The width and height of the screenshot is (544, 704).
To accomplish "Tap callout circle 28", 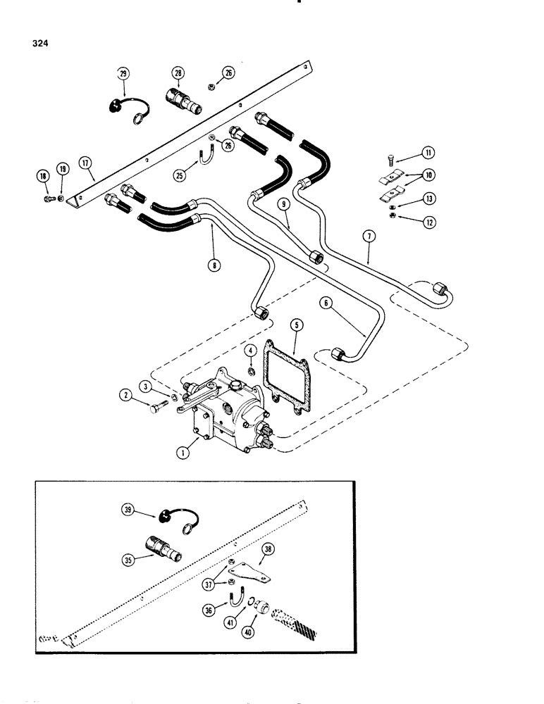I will tap(176, 73).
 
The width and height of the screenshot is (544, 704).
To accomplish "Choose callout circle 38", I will tap(267, 548).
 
